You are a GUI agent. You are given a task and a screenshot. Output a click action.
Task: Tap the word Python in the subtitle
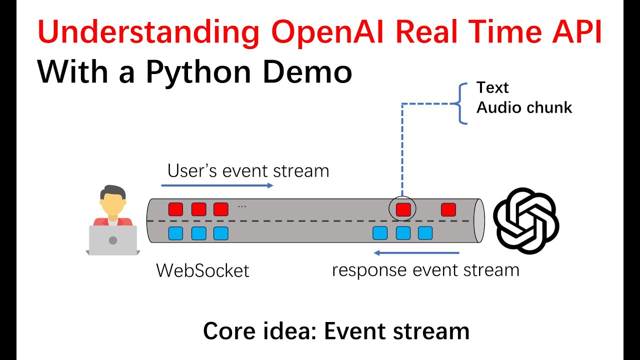pyautogui.click(x=200, y=72)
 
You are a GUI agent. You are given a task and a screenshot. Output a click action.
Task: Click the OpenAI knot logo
pyautogui.click(x=526, y=220)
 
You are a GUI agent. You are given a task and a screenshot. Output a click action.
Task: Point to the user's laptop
pyautogui.click(x=112, y=240)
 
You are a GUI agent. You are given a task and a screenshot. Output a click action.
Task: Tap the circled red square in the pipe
pyautogui.click(x=403, y=209)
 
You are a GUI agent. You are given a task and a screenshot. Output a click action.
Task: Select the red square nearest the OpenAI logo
pyautogui.click(x=448, y=209)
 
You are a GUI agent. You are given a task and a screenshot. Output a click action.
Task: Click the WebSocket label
pyautogui.click(x=202, y=271)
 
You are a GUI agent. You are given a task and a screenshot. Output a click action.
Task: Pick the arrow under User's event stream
pyautogui.click(x=217, y=185)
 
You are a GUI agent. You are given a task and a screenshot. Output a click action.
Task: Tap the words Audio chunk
pyautogui.click(x=524, y=107)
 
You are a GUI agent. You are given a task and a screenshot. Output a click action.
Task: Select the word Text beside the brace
pyautogui.click(x=492, y=88)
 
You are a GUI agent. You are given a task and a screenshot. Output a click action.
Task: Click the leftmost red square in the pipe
pyautogui.click(x=175, y=209)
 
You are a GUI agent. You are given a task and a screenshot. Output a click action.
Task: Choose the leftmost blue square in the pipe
pyautogui.click(x=175, y=233)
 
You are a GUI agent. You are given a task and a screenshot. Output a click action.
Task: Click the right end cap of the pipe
pyautogui.click(x=479, y=220)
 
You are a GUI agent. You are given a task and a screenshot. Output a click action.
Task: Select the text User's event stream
pyautogui.click(x=248, y=171)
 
